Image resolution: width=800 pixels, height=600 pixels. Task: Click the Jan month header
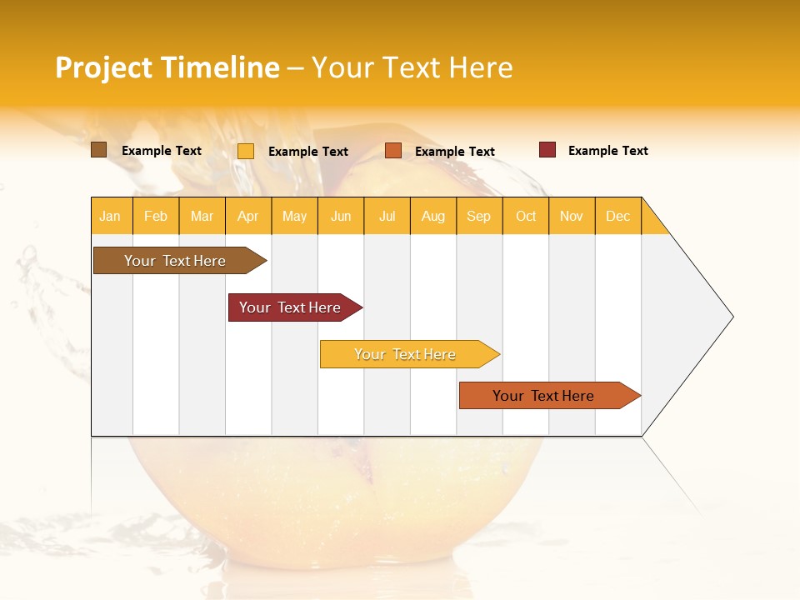click(x=111, y=216)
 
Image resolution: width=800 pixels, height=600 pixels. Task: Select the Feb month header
click(x=156, y=216)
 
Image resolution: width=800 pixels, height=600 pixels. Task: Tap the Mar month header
click(x=202, y=216)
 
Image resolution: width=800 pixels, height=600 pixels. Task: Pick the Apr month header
click(x=248, y=216)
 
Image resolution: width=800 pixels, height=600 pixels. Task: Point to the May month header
click(x=294, y=216)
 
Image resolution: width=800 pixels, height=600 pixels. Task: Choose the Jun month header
click(x=341, y=216)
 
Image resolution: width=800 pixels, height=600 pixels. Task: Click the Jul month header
click(x=387, y=216)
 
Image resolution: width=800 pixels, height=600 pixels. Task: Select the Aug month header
click(x=433, y=216)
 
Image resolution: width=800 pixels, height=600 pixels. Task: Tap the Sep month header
click(x=479, y=216)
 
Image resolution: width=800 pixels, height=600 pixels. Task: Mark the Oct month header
click(x=526, y=216)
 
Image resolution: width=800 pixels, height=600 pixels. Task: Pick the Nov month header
click(x=572, y=216)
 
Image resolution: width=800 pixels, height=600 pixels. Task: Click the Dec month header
click(x=618, y=216)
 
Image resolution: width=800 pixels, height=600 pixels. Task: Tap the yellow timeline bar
click(x=406, y=354)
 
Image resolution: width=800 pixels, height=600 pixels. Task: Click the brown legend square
click(x=98, y=150)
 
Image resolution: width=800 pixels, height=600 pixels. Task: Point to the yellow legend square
click(x=246, y=151)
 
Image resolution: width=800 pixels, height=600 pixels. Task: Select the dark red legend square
click(x=547, y=150)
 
